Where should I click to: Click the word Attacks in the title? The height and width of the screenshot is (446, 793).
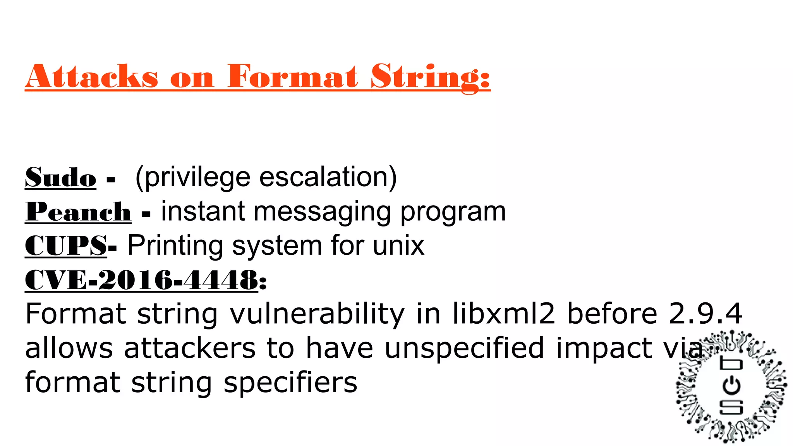(92, 76)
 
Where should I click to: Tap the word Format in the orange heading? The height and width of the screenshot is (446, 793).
(292, 76)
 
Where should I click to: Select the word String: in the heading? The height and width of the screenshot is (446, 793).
(430, 77)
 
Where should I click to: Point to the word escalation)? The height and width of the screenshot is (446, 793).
(328, 177)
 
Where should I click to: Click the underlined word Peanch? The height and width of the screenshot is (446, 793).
(78, 212)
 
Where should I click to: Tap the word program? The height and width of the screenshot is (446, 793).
(453, 212)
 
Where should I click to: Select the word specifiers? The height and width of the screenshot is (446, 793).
(290, 382)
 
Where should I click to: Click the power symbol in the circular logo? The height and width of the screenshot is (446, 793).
(731, 386)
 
